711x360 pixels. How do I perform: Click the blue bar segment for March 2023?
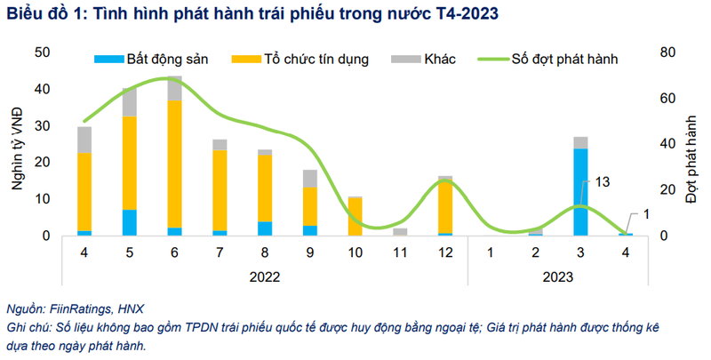point(580,192)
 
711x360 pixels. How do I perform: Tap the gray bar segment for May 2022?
point(130,103)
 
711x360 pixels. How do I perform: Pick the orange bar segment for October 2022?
point(355,217)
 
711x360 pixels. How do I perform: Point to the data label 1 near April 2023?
point(648,215)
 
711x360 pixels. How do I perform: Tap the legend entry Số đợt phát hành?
point(564,60)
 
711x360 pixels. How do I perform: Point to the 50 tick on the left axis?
point(42,52)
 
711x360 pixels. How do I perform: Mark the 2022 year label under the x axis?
point(265,276)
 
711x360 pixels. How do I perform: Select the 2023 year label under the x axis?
point(557,276)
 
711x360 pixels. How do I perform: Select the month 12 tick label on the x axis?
point(445,252)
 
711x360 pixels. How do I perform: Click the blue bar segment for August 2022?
point(265,228)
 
